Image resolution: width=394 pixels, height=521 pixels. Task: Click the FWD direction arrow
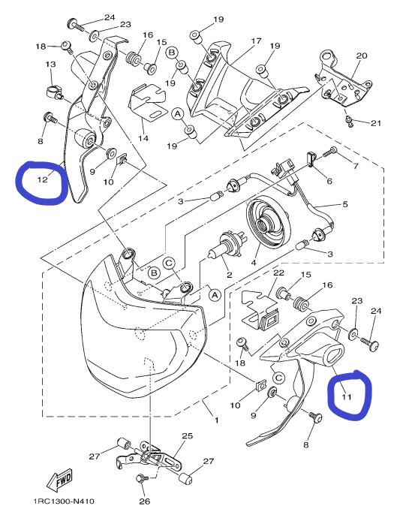pos(60,480)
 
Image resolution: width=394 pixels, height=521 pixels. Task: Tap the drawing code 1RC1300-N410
pos(64,501)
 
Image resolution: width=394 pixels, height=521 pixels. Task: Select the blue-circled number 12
pos(43,179)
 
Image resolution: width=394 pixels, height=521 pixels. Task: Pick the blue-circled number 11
pos(347,396)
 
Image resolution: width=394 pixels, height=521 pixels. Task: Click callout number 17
pos(256,41)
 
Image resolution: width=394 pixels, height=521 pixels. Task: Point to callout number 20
pos(362,56)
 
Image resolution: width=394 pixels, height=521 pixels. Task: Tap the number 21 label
pos(376,123)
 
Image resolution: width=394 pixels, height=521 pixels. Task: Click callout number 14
pos(143,138)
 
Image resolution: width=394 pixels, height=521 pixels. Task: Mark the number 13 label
pos(51,64)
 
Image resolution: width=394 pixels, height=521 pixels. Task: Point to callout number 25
pos(188,435)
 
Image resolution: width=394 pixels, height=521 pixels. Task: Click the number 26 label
pos(145,501)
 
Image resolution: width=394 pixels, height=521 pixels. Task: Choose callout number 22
pos(278,273)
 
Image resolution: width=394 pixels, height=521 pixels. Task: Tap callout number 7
pos(356,166)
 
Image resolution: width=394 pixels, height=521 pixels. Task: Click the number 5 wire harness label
pos(345,204)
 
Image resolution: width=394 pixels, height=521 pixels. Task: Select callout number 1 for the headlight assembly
pos(217,420)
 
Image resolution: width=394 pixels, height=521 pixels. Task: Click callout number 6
pos(329,181)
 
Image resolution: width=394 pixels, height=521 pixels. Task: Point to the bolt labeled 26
pos(141,479)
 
